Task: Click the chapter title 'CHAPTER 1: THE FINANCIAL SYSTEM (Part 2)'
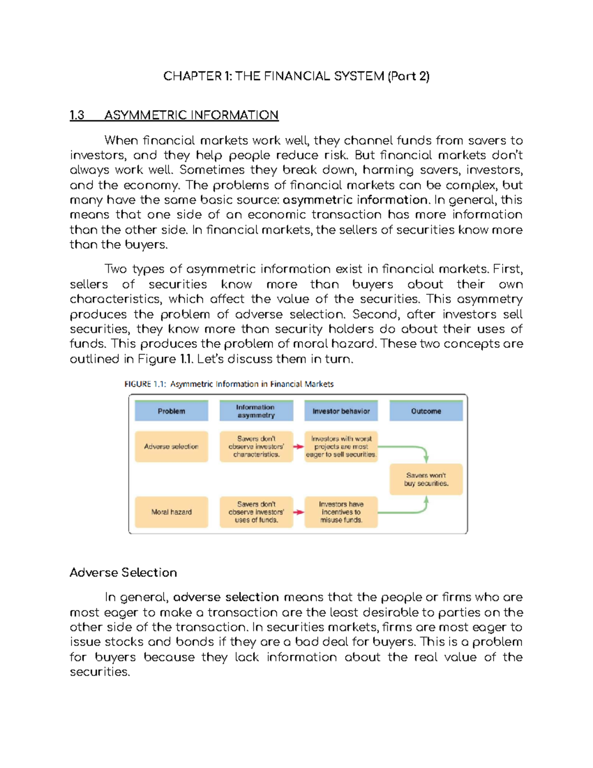(x=296, y=76)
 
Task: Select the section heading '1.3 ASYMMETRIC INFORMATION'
(x=174, y=115)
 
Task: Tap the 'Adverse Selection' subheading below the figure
(x=123, y=572)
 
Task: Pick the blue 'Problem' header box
(x=171, y=411)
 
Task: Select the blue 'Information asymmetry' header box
(x=256, y=411)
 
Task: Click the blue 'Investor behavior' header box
(x=341, y=411)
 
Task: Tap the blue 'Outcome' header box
(x=426, y=411)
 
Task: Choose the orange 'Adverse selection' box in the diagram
(x=171, y=447)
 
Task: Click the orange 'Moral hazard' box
(x=171, y=512)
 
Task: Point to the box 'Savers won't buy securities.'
(x=426, y=479)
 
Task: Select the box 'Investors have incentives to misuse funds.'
(x=341, y=512)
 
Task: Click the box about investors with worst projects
(x=341, y=447)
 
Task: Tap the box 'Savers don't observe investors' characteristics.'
(x=256, y=447)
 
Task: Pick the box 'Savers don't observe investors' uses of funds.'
(x=256, y=512)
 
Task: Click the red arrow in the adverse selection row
(x=298, y=447)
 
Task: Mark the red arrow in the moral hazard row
(x=298, y=512)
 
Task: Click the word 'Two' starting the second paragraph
(x=116, y=269)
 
